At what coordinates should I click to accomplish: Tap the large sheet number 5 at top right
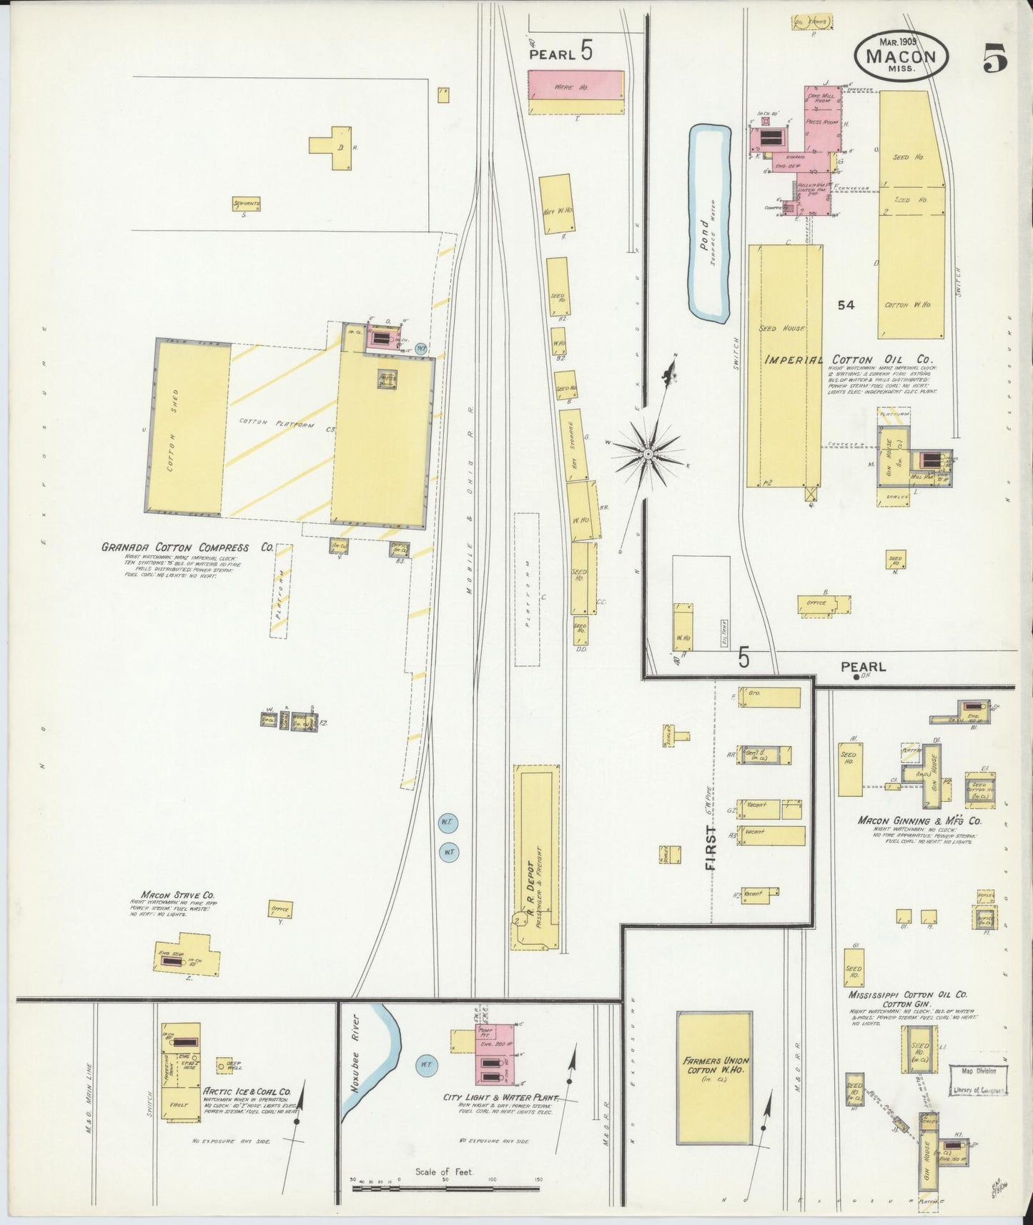coord(994,58)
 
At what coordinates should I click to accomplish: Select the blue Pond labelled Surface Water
coord(708,222)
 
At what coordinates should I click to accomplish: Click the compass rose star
coord(648,453)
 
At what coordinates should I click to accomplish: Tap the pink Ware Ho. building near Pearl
coord(575,86)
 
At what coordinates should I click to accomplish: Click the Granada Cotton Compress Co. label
coord(187,547)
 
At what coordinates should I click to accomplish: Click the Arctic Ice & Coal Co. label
coord(247,1091)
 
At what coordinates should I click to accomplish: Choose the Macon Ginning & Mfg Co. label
coord(919,820)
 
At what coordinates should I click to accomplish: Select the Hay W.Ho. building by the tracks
coord(555,204)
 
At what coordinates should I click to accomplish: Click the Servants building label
coord(247,204)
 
